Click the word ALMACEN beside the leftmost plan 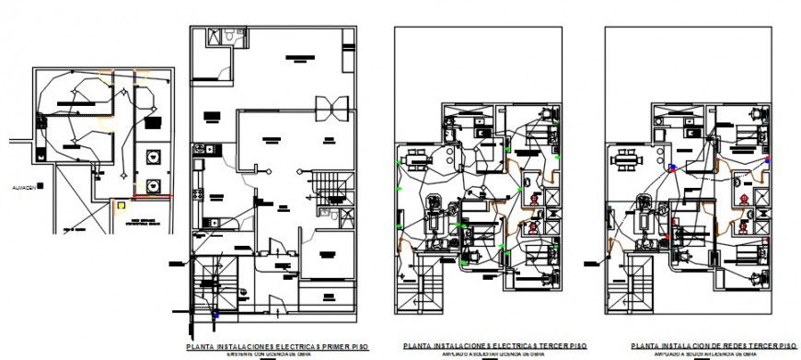coord(22,187)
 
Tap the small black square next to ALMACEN coord(41,186)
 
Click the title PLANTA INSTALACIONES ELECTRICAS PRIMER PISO coord(277,346)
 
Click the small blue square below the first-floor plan coord(216,316)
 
